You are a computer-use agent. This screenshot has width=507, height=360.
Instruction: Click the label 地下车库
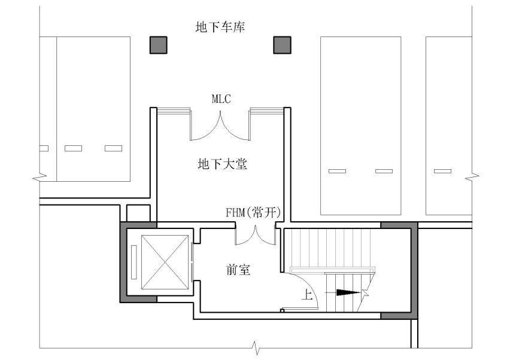pos(220,27)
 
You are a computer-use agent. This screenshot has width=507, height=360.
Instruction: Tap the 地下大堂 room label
pos(223,164)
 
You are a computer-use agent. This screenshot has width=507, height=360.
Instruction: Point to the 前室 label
pos(238,270)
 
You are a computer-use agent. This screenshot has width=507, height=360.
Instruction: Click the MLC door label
pos(221,99)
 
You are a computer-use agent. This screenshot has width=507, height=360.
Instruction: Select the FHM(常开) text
pos(253,213)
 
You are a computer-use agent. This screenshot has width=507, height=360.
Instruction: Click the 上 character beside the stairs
pos(307,294)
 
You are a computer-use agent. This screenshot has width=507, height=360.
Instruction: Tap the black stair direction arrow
pos(348,292)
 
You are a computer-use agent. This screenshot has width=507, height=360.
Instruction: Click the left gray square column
pos(159,45)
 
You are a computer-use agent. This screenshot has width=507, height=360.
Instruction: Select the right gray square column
pos(283,45)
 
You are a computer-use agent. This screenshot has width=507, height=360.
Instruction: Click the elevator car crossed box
pos(165,263)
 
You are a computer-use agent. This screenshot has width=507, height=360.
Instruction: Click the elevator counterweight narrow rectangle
pos(134,262)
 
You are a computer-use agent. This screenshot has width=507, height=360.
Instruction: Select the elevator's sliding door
pos(193,262)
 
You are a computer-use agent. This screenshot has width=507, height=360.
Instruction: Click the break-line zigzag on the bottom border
pos(256,349)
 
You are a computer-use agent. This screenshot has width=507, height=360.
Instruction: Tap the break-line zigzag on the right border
pos(472,177)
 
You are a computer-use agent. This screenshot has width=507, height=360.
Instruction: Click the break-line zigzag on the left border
pos(40,177)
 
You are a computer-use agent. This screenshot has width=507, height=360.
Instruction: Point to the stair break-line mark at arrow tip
pos(365,292)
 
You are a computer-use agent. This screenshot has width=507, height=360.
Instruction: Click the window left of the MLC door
pos(174,111)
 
